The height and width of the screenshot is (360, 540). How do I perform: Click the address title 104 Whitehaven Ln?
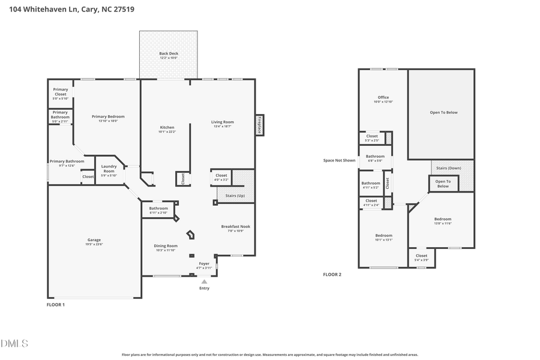click(71, 9)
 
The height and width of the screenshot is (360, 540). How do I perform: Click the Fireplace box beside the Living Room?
click(259, 125)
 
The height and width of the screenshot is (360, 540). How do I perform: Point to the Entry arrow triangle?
click(205, 281)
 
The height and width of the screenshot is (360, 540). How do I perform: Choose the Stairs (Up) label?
click(235, 196)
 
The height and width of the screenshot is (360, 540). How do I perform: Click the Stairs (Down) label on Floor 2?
click(448, 168)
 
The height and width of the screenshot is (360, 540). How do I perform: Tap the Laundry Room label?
click(109, 169)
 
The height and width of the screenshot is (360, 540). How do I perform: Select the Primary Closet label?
click(61, 92)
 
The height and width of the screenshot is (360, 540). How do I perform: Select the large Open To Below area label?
click(443, 112)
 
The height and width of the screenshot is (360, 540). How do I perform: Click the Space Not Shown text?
click(339, 160)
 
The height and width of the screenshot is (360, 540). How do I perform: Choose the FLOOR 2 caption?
click(332, 274)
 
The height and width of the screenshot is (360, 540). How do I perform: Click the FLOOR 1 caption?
click(56, 305)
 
